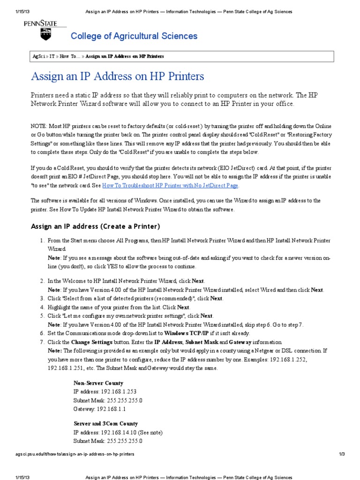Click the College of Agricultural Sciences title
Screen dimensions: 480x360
click(134, 36)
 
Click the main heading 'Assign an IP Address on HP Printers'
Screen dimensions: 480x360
click(117, 76)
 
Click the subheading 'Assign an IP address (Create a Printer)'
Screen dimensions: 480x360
click(95, 226)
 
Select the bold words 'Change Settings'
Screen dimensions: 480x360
click(91, 342)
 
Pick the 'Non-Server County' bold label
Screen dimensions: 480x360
click(98, 383)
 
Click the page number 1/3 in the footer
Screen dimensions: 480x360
click(342, 454)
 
